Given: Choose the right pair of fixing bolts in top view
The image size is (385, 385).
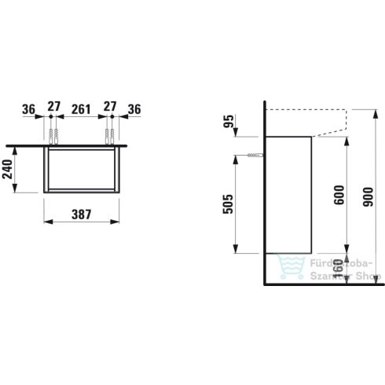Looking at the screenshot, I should (x=108, y=134).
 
